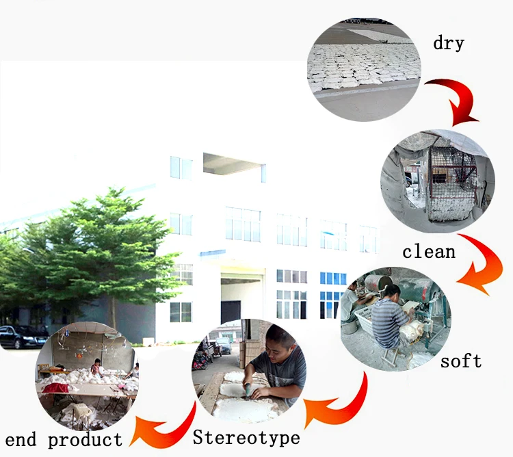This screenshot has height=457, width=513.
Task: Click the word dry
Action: tap(449, 43)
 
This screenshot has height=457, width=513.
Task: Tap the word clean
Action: tap(429, 252)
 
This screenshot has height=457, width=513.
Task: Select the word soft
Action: tap(461, 361)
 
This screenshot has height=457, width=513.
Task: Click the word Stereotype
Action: tap(246, 437)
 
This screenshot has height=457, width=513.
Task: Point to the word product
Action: tap(85, 440)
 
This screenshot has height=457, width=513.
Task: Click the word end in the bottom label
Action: tap(21, 439)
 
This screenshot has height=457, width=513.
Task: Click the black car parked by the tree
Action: tap(23, 337)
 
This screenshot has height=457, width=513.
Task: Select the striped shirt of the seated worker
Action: tap(389, 322)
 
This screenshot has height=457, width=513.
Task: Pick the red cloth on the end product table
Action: tap(56, 388)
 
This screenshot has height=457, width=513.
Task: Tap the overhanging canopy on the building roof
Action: tap(234, 164)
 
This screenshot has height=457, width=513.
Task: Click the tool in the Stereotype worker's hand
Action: tap(248, 390)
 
